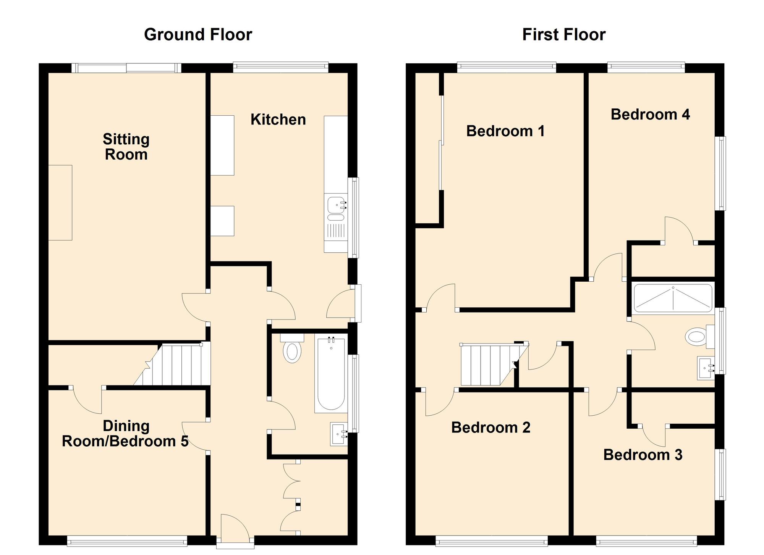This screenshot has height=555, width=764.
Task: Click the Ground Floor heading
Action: pos(198,35)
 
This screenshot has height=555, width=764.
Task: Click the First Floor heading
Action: pos(563,35)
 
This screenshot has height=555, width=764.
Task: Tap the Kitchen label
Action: pos(278,119)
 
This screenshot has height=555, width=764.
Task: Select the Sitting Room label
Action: pos(126,147)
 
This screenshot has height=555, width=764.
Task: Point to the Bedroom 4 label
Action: pos(650,115)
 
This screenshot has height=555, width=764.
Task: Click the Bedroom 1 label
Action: pos(505,131)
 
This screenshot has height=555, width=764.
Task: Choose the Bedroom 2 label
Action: pos(490,428)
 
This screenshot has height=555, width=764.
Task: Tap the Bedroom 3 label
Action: pos(643,455)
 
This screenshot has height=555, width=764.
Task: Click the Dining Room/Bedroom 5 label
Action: pos(125,434)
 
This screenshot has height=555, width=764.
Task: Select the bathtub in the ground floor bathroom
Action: pos(331,374)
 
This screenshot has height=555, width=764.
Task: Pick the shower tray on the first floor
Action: pos(673,298)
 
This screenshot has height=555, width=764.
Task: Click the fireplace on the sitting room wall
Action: pos(60,203)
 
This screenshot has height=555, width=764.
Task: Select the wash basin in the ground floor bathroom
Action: pos(339,434)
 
